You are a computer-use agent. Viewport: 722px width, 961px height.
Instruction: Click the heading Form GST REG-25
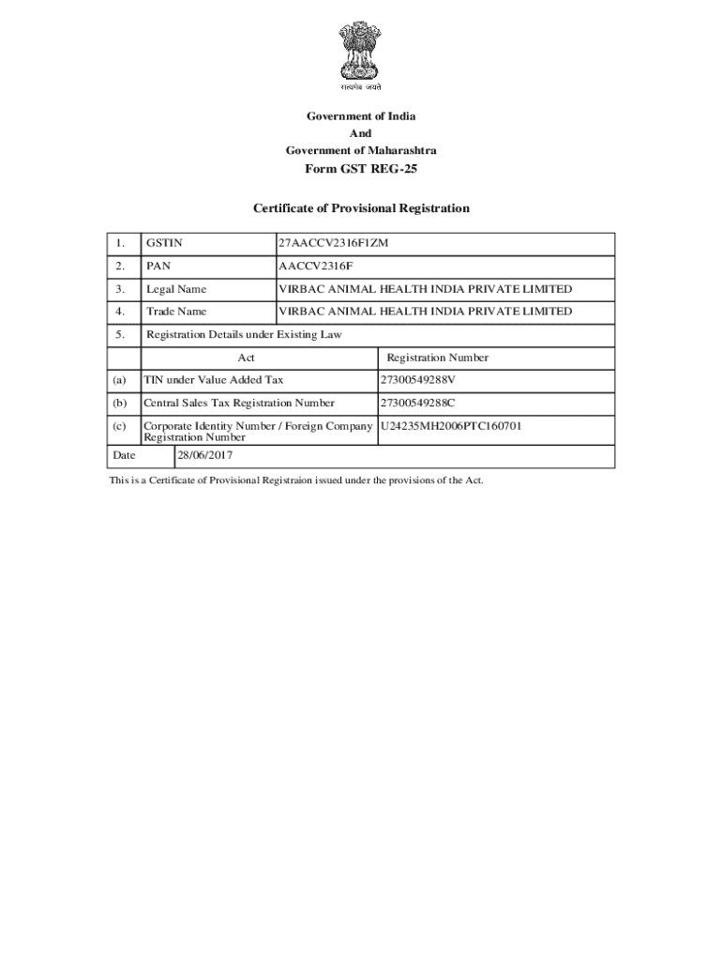361,169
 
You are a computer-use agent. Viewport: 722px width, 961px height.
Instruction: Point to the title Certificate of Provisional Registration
361,208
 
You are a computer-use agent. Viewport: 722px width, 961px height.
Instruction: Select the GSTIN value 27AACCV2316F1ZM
333,244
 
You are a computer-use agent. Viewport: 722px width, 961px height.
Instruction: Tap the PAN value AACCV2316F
315,267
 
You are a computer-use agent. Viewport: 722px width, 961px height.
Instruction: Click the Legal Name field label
176,289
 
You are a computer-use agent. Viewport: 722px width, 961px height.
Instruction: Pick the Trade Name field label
176,312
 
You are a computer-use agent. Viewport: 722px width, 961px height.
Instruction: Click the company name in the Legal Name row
425,289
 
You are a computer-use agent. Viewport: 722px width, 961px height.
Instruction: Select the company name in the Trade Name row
425,312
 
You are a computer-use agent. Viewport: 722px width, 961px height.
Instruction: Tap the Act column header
247,358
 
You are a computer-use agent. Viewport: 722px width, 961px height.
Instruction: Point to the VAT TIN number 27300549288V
418,380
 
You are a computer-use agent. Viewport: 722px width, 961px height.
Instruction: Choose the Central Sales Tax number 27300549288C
418,404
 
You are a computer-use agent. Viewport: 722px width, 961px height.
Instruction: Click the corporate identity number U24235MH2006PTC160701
451,426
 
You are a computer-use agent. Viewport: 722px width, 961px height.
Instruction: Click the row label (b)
119,404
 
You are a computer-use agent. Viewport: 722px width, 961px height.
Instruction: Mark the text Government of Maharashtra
361,150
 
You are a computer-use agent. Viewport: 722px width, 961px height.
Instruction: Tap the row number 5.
119,334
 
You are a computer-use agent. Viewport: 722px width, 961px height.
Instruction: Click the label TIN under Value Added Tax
213,380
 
